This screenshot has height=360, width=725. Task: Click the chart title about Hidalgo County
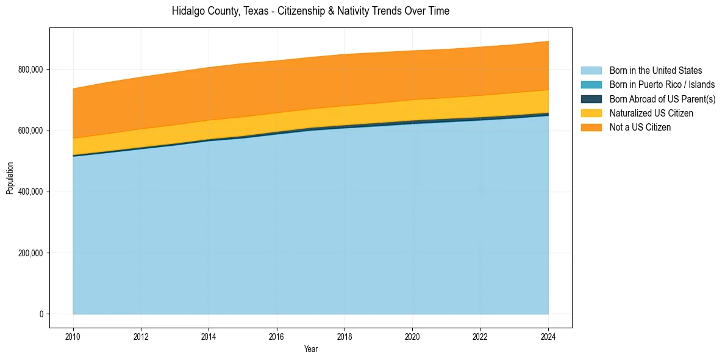point(310,11)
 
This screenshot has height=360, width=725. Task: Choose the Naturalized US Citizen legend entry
point(651,113)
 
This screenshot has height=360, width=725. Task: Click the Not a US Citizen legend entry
point(640,127)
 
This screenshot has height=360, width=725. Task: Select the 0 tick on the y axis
point(40,314)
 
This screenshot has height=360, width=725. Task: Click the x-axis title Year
point(310,350)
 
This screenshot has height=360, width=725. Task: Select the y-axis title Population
point(10,178)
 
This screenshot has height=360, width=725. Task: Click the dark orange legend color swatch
point(591,127)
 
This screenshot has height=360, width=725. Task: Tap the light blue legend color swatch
point(591,71)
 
